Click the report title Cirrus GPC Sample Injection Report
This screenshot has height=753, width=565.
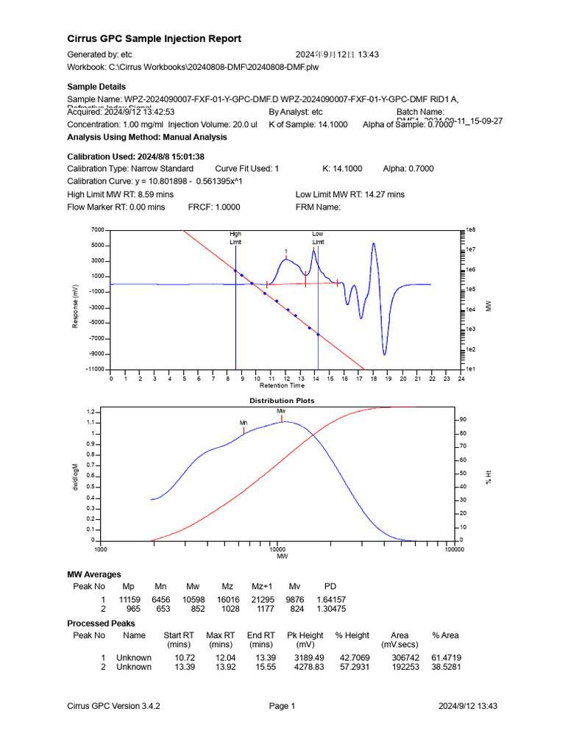tap(154, 38)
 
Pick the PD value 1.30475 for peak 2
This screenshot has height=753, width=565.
tap(330, 610)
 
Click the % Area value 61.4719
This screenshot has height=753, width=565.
tap(445, 657)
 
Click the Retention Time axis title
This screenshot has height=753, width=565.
tap(282, 385)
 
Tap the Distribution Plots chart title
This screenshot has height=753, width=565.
tap(282, 401)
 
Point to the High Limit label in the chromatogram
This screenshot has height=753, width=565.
tap(235, 238)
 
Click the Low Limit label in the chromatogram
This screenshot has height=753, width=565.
tap(318, 238)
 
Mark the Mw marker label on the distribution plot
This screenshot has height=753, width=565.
tap(281, 410)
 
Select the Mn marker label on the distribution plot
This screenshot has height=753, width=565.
tap(244, 423)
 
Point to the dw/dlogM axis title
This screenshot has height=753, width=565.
tap(75, 476)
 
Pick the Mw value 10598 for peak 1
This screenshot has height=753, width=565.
tap(193, 600)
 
